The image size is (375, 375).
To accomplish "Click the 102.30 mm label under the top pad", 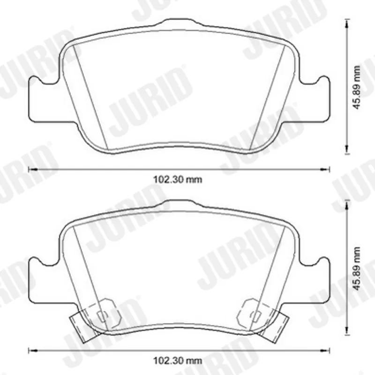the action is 178,179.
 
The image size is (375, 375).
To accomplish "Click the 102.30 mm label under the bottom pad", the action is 178,360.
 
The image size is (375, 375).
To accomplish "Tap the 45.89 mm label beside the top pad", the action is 357,88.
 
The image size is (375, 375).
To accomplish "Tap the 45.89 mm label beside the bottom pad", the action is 357,269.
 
